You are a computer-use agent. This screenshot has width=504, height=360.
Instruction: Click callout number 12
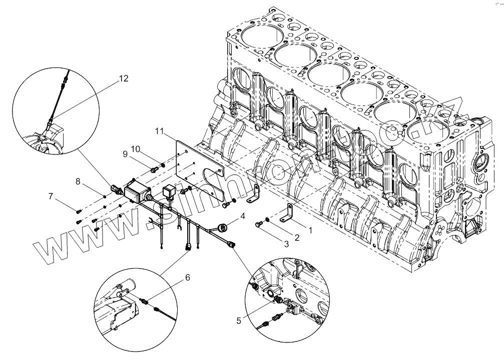[123, 78]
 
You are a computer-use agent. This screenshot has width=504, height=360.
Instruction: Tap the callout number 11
[160, 131]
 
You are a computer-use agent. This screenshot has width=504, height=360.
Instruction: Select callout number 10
[136, 149]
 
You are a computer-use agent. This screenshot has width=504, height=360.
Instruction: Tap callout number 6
[187, 276]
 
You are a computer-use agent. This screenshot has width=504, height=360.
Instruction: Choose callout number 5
[238, 320]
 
